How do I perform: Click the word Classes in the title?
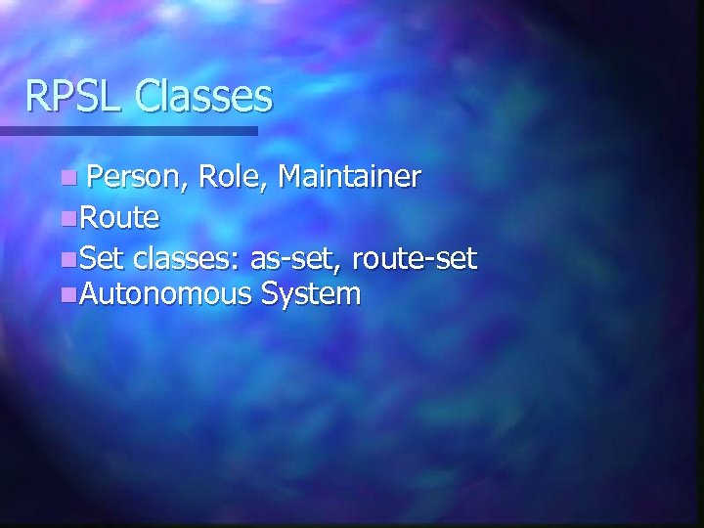[x=203, y=96]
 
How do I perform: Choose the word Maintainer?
[x=349, y=177]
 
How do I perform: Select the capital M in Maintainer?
[x=289, y=177]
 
